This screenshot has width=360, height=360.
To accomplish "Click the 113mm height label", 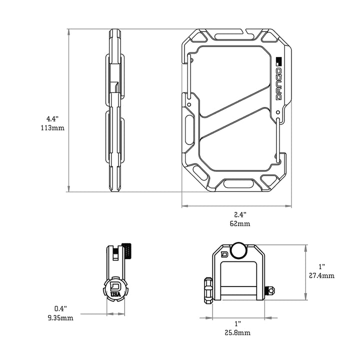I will pos(52,127).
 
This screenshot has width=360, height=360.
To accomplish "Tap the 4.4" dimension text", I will pos(52,119).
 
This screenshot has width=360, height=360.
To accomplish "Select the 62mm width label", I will pos(240,223).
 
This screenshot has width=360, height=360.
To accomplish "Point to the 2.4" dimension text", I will pos(240,214).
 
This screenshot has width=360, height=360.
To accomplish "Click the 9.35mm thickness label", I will pos(64,317).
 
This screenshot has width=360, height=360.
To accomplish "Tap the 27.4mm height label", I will pos(321,275).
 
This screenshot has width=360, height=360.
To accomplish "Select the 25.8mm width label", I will pos(238,332).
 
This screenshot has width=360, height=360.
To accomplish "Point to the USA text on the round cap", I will pos(115,294).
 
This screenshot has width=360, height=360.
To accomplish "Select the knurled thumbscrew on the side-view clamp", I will pos(128,251).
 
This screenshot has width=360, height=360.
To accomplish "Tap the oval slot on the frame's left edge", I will pos(188,127).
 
